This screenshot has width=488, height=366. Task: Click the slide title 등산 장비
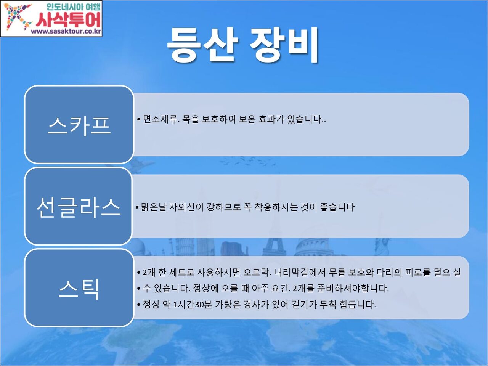[243, 45]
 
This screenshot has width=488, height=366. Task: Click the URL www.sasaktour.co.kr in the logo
[66, 31]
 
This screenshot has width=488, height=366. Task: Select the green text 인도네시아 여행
[73, 7]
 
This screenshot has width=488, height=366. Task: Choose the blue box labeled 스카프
[79, 124]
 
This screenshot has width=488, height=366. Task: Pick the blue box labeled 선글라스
[78, 206]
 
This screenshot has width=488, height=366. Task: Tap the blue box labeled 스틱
[79, 288]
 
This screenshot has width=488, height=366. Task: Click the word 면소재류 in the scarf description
[161, 119]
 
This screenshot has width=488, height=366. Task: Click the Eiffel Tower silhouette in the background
[274, 247]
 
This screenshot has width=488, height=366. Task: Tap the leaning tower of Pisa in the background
[184, 247]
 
